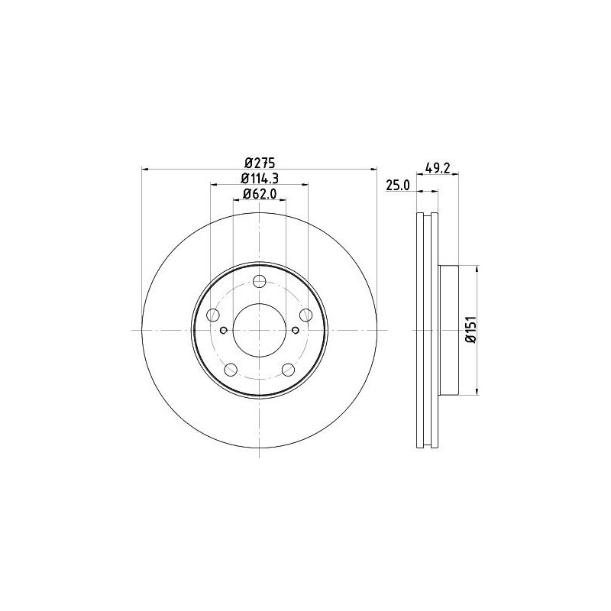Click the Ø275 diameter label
pos(259,162)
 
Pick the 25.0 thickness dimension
pos(399,186)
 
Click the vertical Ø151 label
pos(470,331)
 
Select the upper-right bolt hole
pos(305,314)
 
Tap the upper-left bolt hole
pos(212,314)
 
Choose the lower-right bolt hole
pos(288,369)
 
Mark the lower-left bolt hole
pos(230,369)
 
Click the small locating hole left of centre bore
pos(223,330)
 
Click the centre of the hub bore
pos(259,330)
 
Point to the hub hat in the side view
pos(448,330)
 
